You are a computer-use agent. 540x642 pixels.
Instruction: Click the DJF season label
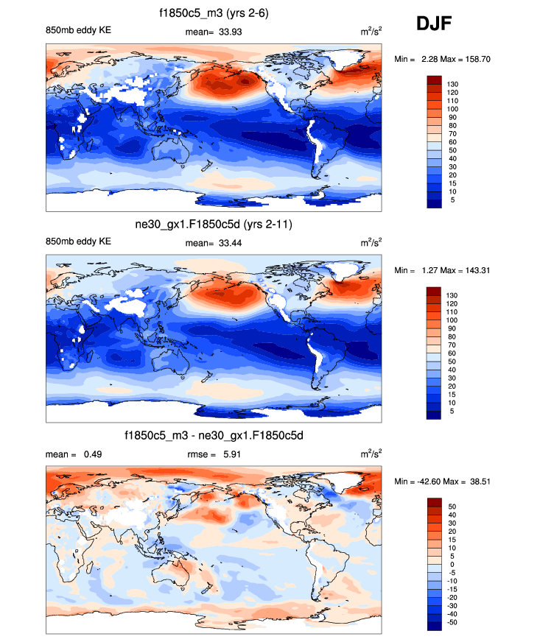click(x=434, y=24)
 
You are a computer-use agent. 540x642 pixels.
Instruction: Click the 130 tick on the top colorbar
click(x=452, y=85)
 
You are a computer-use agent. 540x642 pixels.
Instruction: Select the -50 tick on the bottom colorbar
click(x=452, y=622)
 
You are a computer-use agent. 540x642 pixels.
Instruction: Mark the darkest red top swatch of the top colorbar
click(x=435, y=80)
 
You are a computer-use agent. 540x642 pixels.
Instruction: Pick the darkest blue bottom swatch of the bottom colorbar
click(x=435, y=627)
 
